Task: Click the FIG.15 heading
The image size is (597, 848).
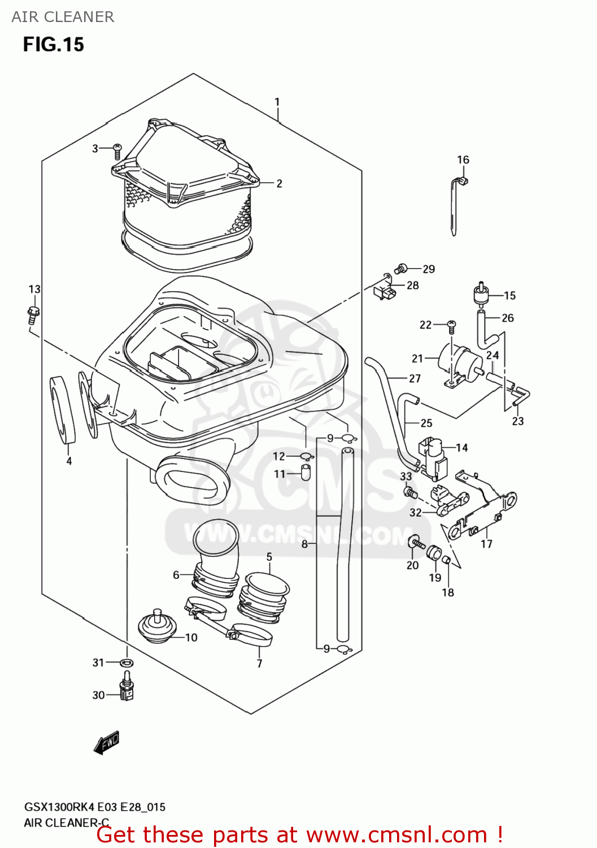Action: click(x=53, y=44)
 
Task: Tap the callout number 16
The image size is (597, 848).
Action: click(x=463, y=160)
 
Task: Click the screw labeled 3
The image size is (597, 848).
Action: click(x=117, y=150)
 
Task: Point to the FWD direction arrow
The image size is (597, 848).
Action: click(x=107, y=742)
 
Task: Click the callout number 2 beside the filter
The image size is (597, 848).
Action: click(x=279, y=183)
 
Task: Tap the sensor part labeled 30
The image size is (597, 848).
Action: click(x=127, y=687)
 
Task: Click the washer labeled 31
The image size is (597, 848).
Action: click(x=127, y=662)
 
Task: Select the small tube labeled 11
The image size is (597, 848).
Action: click(x=306, y=472)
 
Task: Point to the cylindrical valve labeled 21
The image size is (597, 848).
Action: click(x=456, y=359)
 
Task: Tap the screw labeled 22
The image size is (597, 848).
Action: click(x=451, y=326)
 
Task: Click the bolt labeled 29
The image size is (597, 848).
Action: click(x=402, y=268)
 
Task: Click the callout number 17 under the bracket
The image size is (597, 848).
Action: click(x=486, y=544)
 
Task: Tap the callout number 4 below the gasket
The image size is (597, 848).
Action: click(x=69, y=461)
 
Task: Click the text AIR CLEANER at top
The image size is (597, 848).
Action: click(x=63, y=17)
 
